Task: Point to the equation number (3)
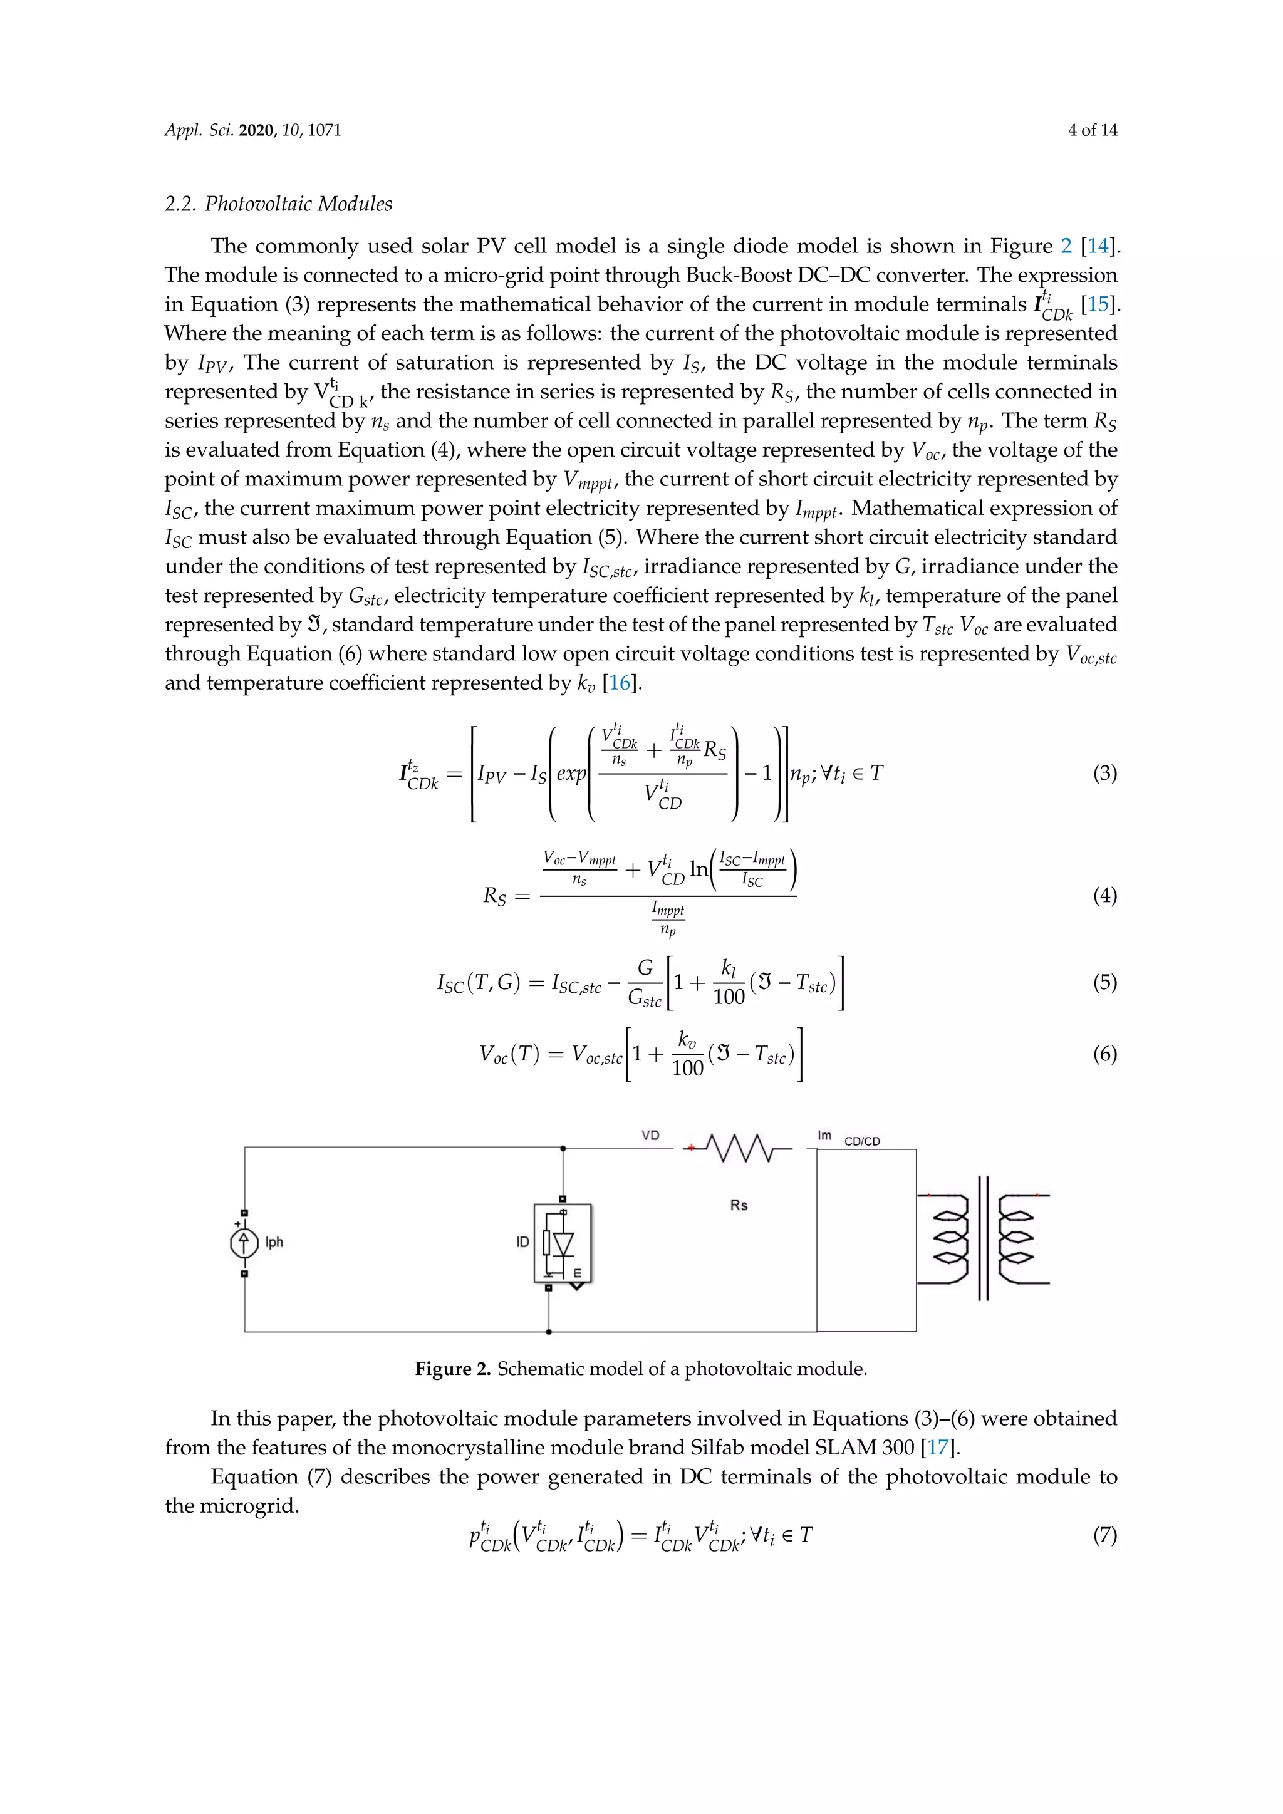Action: coord(1104,773)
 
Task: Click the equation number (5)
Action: coord(1104,982)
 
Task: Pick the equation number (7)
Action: coord(1104,1535)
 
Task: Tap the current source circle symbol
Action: coord(244,1243)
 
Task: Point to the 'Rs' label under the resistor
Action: coord(739,1205)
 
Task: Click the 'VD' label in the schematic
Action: coord(650,1136)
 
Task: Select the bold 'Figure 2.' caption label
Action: coord(453,1369)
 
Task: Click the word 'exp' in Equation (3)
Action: coord(571,774)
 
